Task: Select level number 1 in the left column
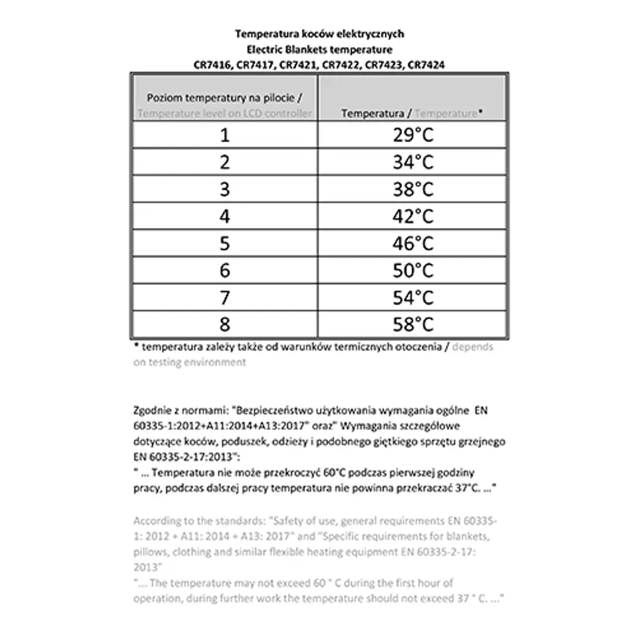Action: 225,135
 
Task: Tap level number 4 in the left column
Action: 225,217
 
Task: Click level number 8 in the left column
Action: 225,324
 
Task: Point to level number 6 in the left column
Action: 225,271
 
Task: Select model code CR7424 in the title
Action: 425,64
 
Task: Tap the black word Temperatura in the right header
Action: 372,113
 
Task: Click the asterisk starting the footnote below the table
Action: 136,346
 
